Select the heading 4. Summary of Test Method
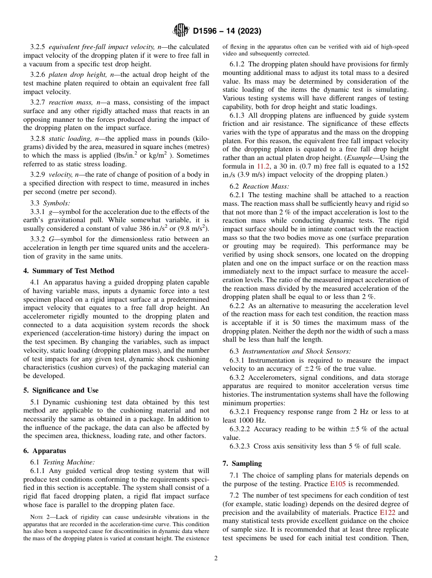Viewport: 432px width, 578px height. click(69, 271)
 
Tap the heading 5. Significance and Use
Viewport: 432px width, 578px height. click(61, 390)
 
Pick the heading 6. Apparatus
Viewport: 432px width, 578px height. click(45, 451)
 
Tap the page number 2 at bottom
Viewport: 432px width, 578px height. click(216, 558)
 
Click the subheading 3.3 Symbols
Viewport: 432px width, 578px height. click(50, 203)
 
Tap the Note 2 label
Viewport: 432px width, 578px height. click(39, 517)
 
